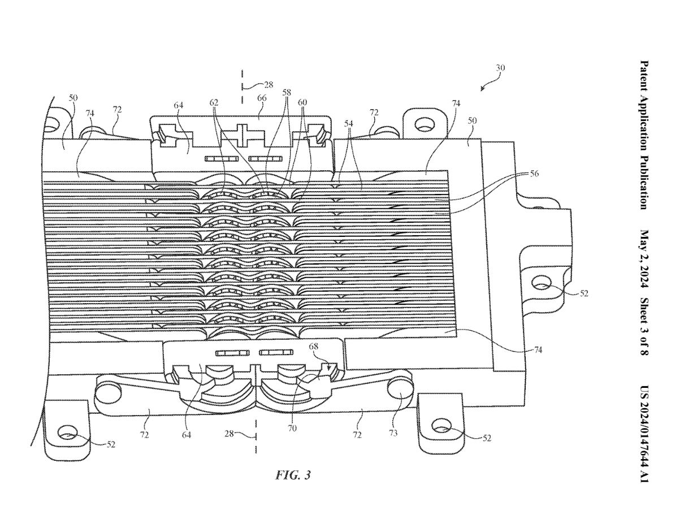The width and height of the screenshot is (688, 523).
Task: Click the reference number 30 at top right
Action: (500, 68)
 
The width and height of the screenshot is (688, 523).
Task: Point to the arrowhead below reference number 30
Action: (482, 89)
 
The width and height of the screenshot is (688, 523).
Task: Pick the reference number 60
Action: (304, 103)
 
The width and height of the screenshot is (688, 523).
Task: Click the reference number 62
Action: (214, 103)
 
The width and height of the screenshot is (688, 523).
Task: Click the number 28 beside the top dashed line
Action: (267, 85)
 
